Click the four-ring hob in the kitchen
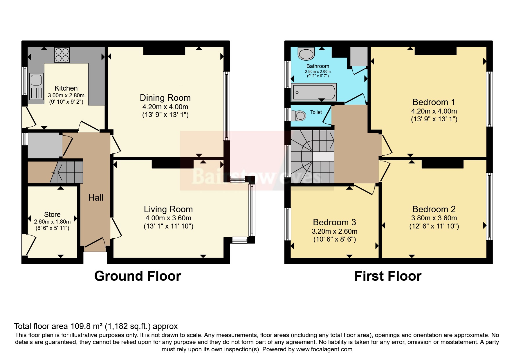[62, 55]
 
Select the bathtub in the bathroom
[314, 92]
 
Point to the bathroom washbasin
[306, 54]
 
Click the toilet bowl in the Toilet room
[299, 116]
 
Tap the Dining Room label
[165, 98]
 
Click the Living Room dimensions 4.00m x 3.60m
[168, 218]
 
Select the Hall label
[96, 198]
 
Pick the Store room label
[52, 215]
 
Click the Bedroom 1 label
[434, 102]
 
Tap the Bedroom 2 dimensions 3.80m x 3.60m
[434, 218]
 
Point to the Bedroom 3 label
[334, 222]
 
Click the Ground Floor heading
[138, 276]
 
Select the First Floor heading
[388, 276]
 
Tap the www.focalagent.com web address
[324, 349]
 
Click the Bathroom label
[318, 66]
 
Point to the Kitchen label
[66, 88]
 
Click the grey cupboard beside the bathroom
[359, 56]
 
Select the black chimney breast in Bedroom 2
[442, 164]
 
